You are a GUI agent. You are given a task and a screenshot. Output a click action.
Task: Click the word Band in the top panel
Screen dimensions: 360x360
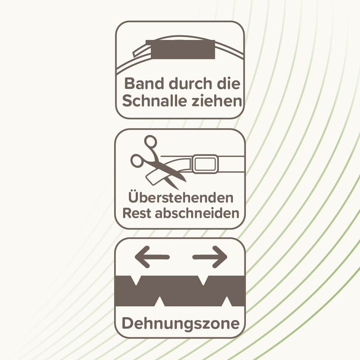point(144,84)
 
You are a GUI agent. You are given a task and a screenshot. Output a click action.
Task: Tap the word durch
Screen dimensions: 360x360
point(190,84)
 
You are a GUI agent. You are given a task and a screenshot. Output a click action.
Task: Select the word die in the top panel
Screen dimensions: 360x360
point(229,84)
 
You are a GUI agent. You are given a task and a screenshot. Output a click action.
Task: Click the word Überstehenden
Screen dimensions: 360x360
point(181,197)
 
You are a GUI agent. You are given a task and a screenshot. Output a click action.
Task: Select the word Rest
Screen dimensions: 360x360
point(137,213)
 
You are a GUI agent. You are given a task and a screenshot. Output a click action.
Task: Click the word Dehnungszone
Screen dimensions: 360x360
point(181,324)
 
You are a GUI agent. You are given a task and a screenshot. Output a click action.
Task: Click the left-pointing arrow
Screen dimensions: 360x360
point(152,257)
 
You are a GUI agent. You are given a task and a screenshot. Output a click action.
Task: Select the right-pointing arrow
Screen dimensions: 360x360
point(210,257)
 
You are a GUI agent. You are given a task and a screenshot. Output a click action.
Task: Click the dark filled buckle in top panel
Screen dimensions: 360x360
point(180,49)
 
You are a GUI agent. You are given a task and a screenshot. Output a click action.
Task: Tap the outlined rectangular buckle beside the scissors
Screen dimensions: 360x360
point(205,164)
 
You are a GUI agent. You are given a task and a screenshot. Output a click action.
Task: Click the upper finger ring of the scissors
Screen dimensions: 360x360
point(150,141)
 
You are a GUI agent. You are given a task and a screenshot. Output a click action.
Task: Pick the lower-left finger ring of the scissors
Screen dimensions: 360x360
point(137,161)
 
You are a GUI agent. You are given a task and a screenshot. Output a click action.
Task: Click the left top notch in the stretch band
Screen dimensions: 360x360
point(136,280)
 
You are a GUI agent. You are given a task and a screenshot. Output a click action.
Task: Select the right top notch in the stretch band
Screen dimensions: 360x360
point(203,280)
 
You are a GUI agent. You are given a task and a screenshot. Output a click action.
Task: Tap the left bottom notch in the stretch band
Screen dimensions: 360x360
point(159,301)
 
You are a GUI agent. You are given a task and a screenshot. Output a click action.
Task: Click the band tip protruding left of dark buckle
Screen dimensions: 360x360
point(141,51)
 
